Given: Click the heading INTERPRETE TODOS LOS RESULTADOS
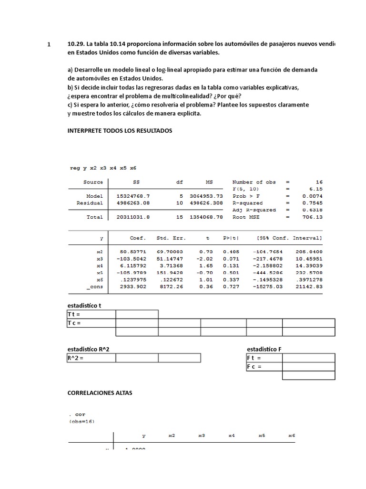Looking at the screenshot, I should (x=120, y=130).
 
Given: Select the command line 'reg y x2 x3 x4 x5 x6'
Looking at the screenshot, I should (x=103, y=168).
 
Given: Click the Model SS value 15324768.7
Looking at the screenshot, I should (x=133, y=196).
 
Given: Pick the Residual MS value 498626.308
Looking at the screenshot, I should (x=205, y=203).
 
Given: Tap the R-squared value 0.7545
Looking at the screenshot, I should (x=313, y=203).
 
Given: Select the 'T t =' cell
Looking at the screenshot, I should (x=91, y=314).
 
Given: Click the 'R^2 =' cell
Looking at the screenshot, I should (x=91, y=358).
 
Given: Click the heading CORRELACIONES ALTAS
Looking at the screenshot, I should (x=100, y=393).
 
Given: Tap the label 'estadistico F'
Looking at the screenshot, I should (x=264, y=349).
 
